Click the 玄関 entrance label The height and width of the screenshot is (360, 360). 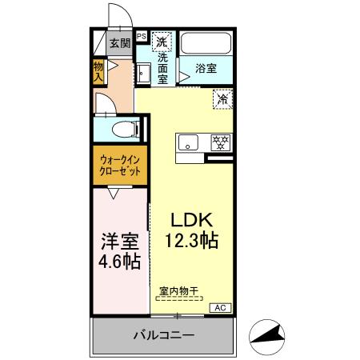coord(119,44)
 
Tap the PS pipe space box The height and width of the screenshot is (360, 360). coord(141,36)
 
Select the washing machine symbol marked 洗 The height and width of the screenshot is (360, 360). coord(162,41)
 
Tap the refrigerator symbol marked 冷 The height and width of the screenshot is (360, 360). coord(222,100)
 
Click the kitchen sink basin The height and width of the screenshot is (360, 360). coord(190,143)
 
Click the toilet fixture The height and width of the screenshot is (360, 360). coord(122,128)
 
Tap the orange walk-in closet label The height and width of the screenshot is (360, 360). coord(121,166)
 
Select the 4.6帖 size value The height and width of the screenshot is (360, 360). coord(119,262)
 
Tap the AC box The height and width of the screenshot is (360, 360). coord(219,307)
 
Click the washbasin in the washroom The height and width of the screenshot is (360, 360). coord(143,74)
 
